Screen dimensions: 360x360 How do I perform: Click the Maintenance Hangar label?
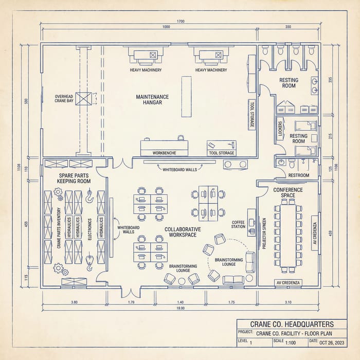click(x=152, y=99)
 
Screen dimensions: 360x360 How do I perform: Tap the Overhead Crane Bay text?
click(x=65, y=99)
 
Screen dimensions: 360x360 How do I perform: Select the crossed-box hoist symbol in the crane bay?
click(x=85, y=99)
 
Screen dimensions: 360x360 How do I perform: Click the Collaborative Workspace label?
click(x=183, y=231)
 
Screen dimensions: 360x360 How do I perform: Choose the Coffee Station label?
click(x=238, y=224)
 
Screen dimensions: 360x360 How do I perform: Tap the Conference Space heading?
click(x=288, y=192)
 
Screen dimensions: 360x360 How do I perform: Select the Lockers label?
click(x=280, y=129)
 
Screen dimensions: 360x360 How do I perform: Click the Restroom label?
click(x=299, y=175)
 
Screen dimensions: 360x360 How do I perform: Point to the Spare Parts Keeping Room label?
click(x=75, y=178)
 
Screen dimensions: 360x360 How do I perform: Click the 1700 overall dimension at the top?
click(x=180, y=21)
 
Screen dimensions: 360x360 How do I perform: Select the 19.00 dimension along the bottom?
click(x=180, y=308)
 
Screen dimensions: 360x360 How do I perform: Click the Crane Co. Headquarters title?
click(x=291, y=324)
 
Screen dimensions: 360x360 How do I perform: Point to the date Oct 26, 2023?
click(x=334, y=343)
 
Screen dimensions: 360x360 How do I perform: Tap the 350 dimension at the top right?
click(x=287, y=27)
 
